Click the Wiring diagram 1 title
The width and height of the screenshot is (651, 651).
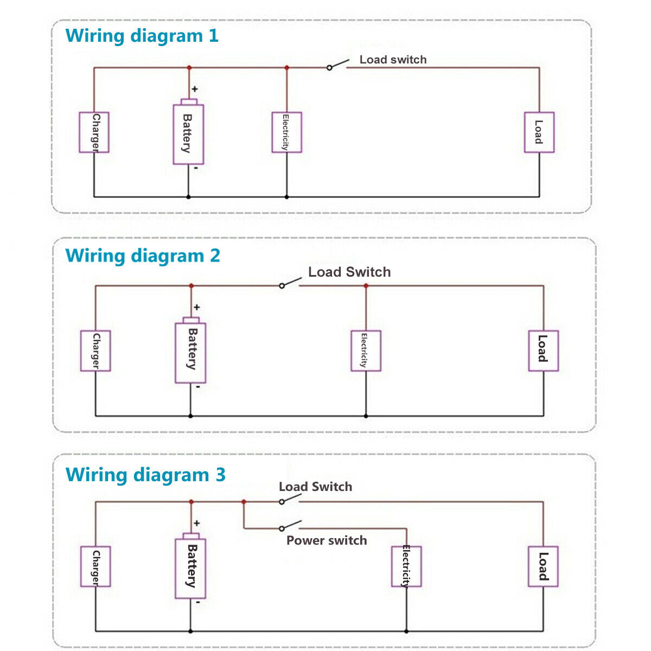142,36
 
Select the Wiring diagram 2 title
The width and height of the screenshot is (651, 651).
143,256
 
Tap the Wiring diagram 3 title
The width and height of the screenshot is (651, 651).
145,475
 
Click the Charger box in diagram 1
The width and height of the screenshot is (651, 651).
94,132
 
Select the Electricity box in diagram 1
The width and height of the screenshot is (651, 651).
286,132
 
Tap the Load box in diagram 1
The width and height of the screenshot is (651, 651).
539,132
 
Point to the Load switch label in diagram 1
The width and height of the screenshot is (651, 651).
393,60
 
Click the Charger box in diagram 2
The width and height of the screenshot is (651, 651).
95,351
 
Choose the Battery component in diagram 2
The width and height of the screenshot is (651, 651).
190,353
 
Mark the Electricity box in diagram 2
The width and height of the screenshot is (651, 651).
366,351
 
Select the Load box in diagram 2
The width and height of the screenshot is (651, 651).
543,351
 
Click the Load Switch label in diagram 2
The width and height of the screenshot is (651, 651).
349,272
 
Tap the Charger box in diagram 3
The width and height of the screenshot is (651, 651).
95,567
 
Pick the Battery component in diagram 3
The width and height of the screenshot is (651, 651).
190,567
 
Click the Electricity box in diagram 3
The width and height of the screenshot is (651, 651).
406,567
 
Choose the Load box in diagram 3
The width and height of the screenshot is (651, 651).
543,567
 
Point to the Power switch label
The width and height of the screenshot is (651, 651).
327,540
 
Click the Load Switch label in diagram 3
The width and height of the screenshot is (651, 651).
315,487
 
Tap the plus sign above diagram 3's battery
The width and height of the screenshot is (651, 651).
196,524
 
